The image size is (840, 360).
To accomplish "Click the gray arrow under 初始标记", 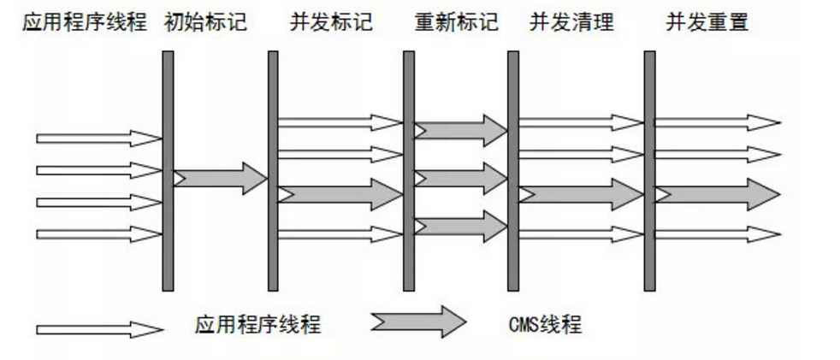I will [221, 178].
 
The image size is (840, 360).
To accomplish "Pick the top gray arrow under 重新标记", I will [460, 130].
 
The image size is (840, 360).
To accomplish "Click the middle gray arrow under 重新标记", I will [460, 178].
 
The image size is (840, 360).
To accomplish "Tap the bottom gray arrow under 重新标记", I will [460, 226].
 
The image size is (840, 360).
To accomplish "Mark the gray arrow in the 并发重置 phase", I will [717, 194].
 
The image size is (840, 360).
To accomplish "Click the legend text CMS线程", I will [545, 325].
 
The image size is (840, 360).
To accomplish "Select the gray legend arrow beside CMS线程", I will [418, 322].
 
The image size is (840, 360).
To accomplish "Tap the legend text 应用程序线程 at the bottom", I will [257, 325].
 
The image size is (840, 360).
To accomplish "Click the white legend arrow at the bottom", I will [99, 329].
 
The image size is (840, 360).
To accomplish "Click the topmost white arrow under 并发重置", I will [717, 122].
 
